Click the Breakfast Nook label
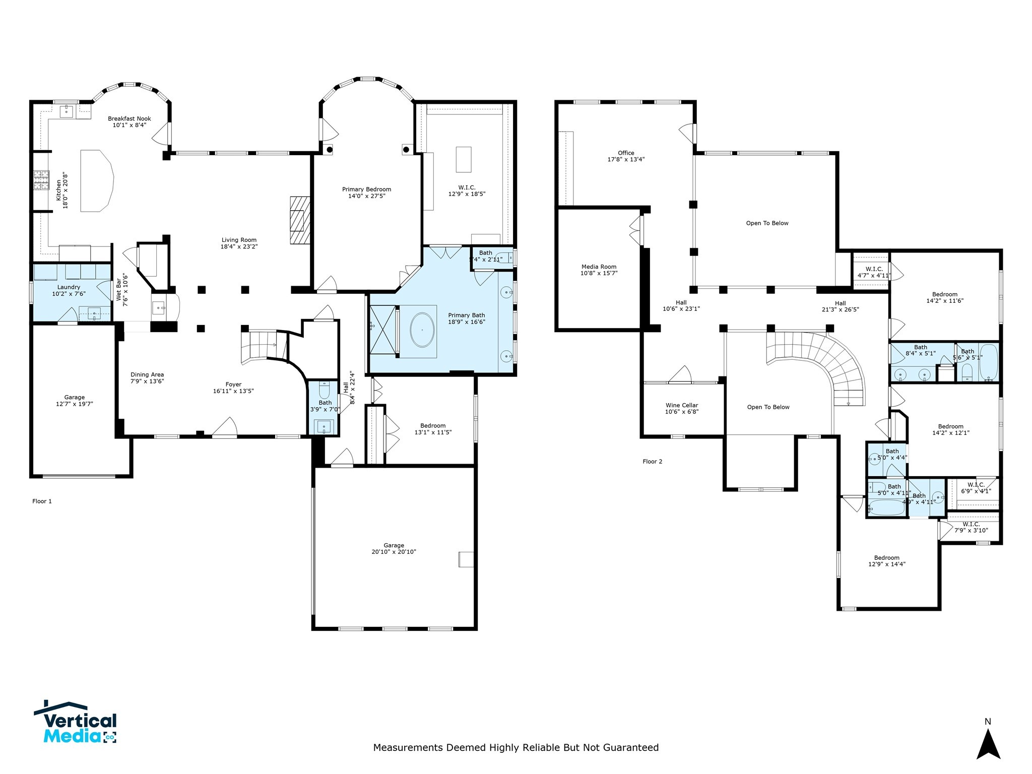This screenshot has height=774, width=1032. point(129,119)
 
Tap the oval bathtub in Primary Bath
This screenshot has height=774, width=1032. point(422,331)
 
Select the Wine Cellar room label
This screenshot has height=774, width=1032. point(681,405)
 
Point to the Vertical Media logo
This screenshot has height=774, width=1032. point(76,724)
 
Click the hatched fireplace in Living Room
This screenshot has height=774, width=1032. point(299,220)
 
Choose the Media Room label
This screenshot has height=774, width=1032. point(599,267)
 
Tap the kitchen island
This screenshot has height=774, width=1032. point(96,180)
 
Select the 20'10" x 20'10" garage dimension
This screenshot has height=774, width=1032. point(394,552)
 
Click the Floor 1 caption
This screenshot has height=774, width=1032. point(42,501)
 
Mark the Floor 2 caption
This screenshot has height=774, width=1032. point(652,461)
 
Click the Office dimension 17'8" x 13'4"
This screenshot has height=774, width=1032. point(626,159)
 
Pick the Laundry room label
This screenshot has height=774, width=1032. point(69,287)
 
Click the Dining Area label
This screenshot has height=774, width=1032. point(147,374)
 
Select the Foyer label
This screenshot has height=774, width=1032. point(233,384)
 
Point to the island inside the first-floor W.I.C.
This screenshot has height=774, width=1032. point(463,159)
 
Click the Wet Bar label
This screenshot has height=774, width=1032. point(119,288)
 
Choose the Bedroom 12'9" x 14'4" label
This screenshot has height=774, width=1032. point(886,557)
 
